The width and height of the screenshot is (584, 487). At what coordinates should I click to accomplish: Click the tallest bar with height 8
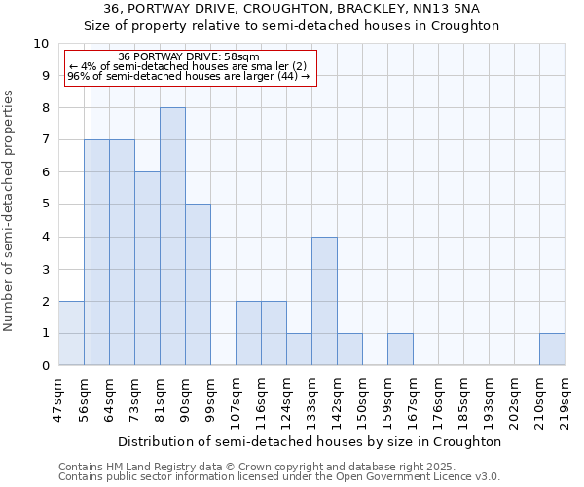click(172, 237)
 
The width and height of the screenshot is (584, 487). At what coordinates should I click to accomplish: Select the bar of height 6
click(147, 269)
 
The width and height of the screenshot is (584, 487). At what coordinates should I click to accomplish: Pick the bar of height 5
click(198, 284)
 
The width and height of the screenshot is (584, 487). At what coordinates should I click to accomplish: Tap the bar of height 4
click(324, 301)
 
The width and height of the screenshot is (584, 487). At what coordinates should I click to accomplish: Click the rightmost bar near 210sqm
click(552, 350)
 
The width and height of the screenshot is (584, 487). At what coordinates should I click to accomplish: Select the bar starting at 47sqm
click(71, 333)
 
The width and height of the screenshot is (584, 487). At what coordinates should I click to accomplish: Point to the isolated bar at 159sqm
click(400, 350)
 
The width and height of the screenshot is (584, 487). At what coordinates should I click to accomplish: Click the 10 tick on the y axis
click(41, 44)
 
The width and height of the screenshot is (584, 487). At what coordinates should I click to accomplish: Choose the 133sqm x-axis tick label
click(311, 399)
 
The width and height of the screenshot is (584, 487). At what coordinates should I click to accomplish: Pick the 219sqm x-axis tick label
click(565, 399)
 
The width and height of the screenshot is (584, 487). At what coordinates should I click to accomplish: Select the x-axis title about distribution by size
click(310, 441)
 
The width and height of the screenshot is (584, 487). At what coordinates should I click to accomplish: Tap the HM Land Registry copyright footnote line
click(250, 467)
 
